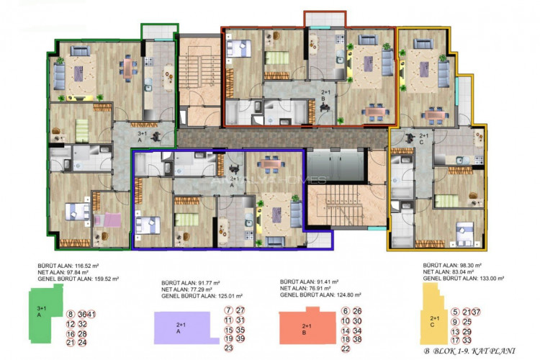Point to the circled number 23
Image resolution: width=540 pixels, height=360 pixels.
[228, 348]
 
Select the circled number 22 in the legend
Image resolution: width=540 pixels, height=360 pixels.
[346, 348]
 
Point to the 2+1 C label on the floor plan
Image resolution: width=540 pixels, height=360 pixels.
[423, 138]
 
